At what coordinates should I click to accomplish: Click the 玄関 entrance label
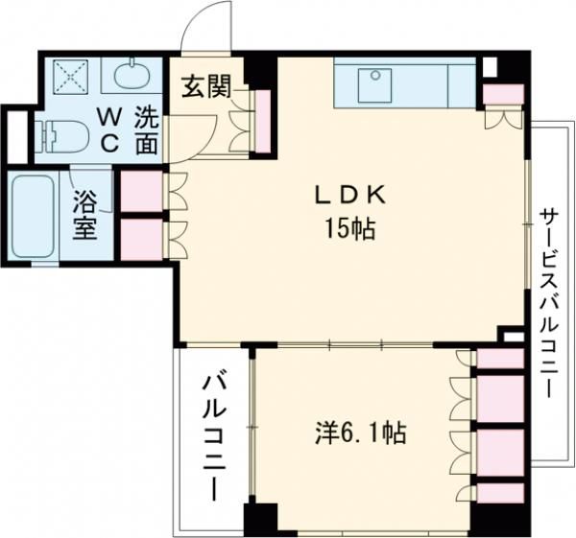pyautogui.click(x=206, y=88)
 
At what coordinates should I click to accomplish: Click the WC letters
pyautogui.click(x=109, y=130)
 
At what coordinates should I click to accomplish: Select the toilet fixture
pyautogui.click(x=60, y=134)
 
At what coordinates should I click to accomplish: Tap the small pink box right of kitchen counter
pyautogui.click(x=503, y=94)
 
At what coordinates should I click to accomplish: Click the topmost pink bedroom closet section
pyautogui.click(x=500, y=361)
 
